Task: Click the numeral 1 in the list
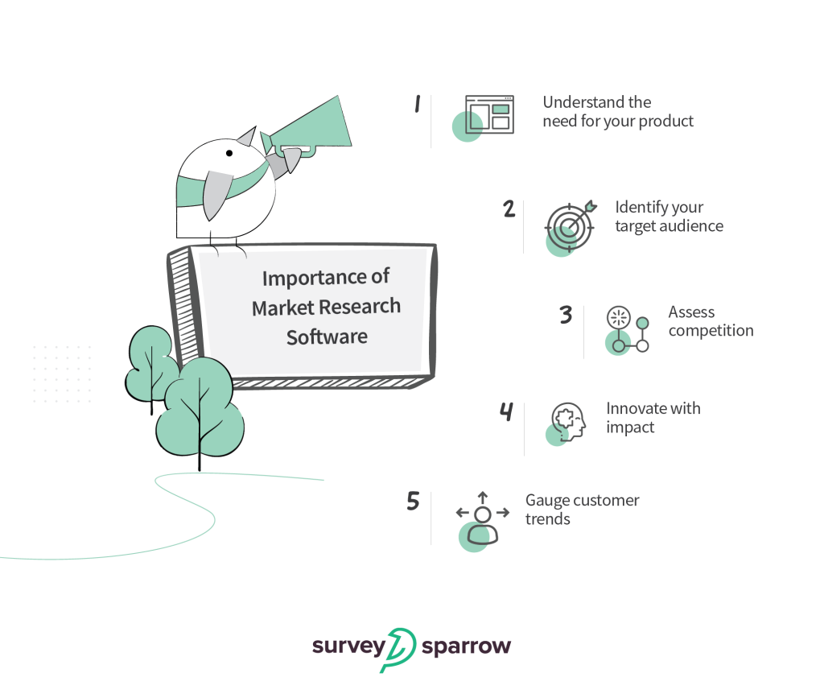(x=418, y=104)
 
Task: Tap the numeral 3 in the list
(x=566, y=314)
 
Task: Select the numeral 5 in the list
(x=413, y=502)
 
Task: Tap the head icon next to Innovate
(x=568, y=421)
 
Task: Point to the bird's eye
(x=229, y=152)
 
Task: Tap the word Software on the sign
(x=327, y=337)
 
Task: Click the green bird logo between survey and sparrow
(x=398, y=649)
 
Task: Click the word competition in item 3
(x=711, y=331)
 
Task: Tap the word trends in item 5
(x=548, y=519)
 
